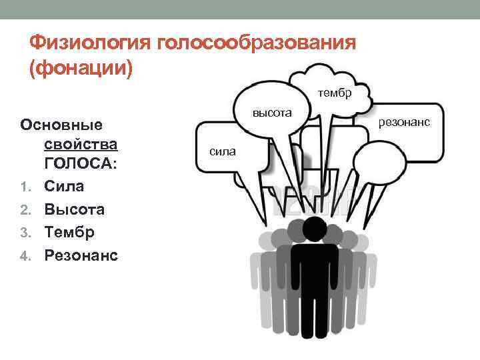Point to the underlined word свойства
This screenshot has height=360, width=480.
(x=81, y=144)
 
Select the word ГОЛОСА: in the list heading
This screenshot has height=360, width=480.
(x=81, y=163)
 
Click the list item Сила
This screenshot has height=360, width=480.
(x=65, y=186)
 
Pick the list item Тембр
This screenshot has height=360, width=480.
(x=69, y=232)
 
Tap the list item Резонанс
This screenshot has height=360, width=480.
(x=81, y=255)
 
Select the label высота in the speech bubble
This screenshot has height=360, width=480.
(x=272, y=113)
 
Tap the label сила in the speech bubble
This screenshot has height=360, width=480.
(x=222, y=151)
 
